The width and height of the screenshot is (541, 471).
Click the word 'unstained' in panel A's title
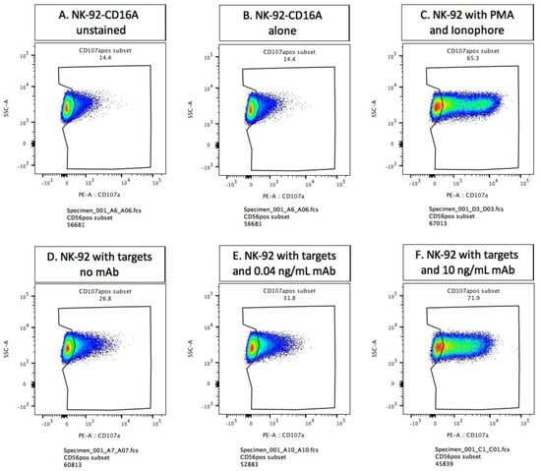[92, 30]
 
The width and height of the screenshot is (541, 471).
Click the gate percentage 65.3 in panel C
[458, 58]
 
